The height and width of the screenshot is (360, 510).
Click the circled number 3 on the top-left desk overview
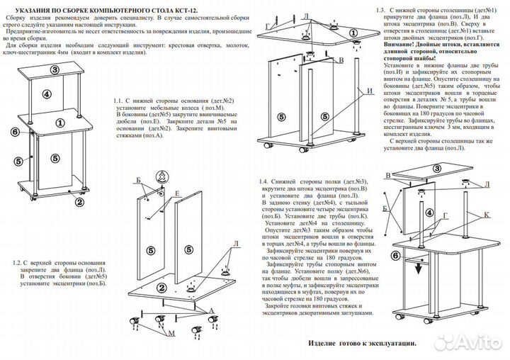tap(55, 69)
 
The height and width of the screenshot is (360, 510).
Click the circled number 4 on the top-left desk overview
tap(45, 94)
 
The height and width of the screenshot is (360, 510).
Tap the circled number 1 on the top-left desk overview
tap(59, 122)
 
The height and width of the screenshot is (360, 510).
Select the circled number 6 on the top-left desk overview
tap(14, 132)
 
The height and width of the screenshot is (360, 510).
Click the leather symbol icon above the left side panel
tap(161, 176)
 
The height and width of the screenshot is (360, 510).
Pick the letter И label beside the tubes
tap(370, 91)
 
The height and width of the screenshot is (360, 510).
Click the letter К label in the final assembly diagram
tap(487, 213)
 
